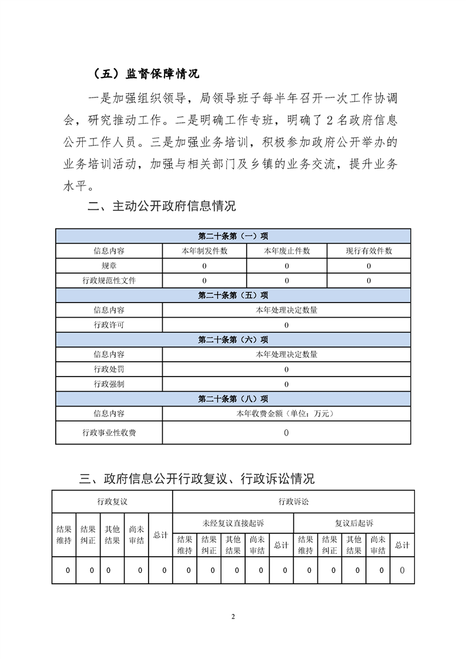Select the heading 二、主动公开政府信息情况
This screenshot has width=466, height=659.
[x=161, y=206]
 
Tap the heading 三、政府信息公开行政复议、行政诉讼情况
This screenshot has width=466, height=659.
[x=197, y=478]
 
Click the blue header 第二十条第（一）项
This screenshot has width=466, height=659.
[x=233, y=236]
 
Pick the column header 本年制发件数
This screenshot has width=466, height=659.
[x=204, y=251]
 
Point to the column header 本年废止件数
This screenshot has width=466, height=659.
[x=287, y=251]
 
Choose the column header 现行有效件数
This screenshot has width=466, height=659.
[x=368, y=251]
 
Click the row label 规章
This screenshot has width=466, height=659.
[x=109, y=266]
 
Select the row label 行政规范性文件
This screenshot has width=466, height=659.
[x=109, y=281]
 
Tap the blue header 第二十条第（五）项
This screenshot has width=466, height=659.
[x=233, y=295]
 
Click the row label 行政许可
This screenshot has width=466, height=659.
[x=109, y=325]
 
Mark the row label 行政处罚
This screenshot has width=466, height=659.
[x=109, y=369]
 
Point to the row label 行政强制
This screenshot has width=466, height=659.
[x=109, y=384]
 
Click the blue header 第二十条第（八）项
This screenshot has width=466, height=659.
[x=233, y=399]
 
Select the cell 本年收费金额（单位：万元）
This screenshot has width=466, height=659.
[x=286, y=413]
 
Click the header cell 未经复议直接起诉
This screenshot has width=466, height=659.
[x=233, y=523]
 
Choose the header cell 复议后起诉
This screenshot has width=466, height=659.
[x=354, y=523]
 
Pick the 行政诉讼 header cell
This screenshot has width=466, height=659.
[x=293, y=502]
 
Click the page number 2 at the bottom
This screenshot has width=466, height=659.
[x=233, y=616]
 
